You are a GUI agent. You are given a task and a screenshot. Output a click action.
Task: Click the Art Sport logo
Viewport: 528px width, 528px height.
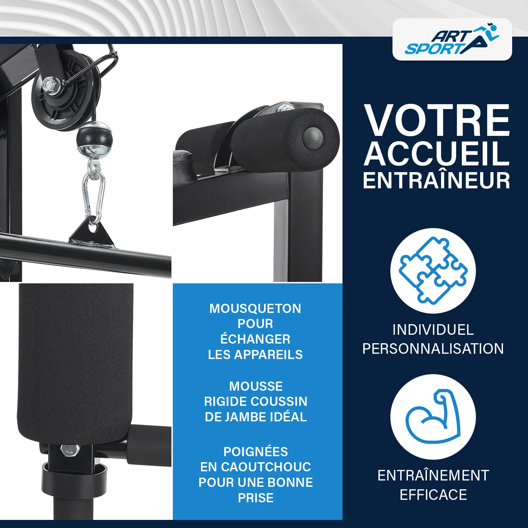452,39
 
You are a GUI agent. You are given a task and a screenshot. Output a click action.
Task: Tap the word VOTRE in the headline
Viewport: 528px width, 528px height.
437,120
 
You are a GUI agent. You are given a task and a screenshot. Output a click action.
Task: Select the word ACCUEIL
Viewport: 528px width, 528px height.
436,153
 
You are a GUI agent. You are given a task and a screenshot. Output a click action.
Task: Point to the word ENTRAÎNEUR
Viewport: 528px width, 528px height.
436,180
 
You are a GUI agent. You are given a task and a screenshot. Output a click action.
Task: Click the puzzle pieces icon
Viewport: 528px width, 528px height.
433,271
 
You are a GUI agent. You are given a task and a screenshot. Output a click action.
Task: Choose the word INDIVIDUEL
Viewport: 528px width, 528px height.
433,330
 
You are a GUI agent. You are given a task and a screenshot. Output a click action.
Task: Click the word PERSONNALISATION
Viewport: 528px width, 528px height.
433,348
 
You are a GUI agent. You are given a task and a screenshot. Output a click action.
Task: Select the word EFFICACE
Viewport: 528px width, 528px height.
433,495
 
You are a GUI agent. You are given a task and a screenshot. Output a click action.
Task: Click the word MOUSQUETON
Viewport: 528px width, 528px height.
255,308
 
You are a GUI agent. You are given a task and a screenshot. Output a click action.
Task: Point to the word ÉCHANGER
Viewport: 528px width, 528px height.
255,338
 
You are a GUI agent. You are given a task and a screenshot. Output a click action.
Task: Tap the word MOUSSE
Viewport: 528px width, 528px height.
256,386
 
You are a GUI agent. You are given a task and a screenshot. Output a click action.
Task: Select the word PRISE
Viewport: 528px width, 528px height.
256,498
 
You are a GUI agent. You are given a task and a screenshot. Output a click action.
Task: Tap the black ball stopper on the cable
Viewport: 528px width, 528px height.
92,138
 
